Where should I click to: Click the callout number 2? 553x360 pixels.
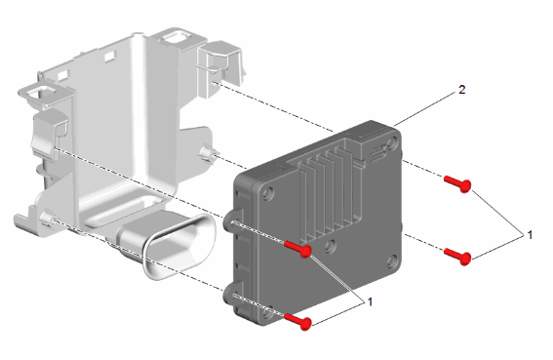tap(462, 90)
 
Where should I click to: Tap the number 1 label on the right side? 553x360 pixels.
tap(530, 235)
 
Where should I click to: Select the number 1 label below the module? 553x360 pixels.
tap(370, 302)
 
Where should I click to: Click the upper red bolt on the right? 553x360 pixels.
tap(457, 183)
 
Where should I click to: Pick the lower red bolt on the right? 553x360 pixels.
tap(457, 257)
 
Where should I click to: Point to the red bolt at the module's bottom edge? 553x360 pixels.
tap(297, 321)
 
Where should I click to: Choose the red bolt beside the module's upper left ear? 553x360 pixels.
tap(298, 249)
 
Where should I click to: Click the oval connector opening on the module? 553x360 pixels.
tap(179, 246)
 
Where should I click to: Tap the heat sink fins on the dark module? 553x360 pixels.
tap(329, 190)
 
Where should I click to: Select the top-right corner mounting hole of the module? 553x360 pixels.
tap(391, 143)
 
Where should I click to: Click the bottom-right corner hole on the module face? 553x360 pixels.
tap(392, 261)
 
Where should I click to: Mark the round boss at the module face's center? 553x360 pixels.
tap(330, 246)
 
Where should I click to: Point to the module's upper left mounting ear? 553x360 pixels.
tap(233, 220)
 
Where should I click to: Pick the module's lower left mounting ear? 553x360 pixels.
tap(233, 294)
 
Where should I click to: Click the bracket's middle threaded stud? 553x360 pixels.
tap(209, 154)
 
